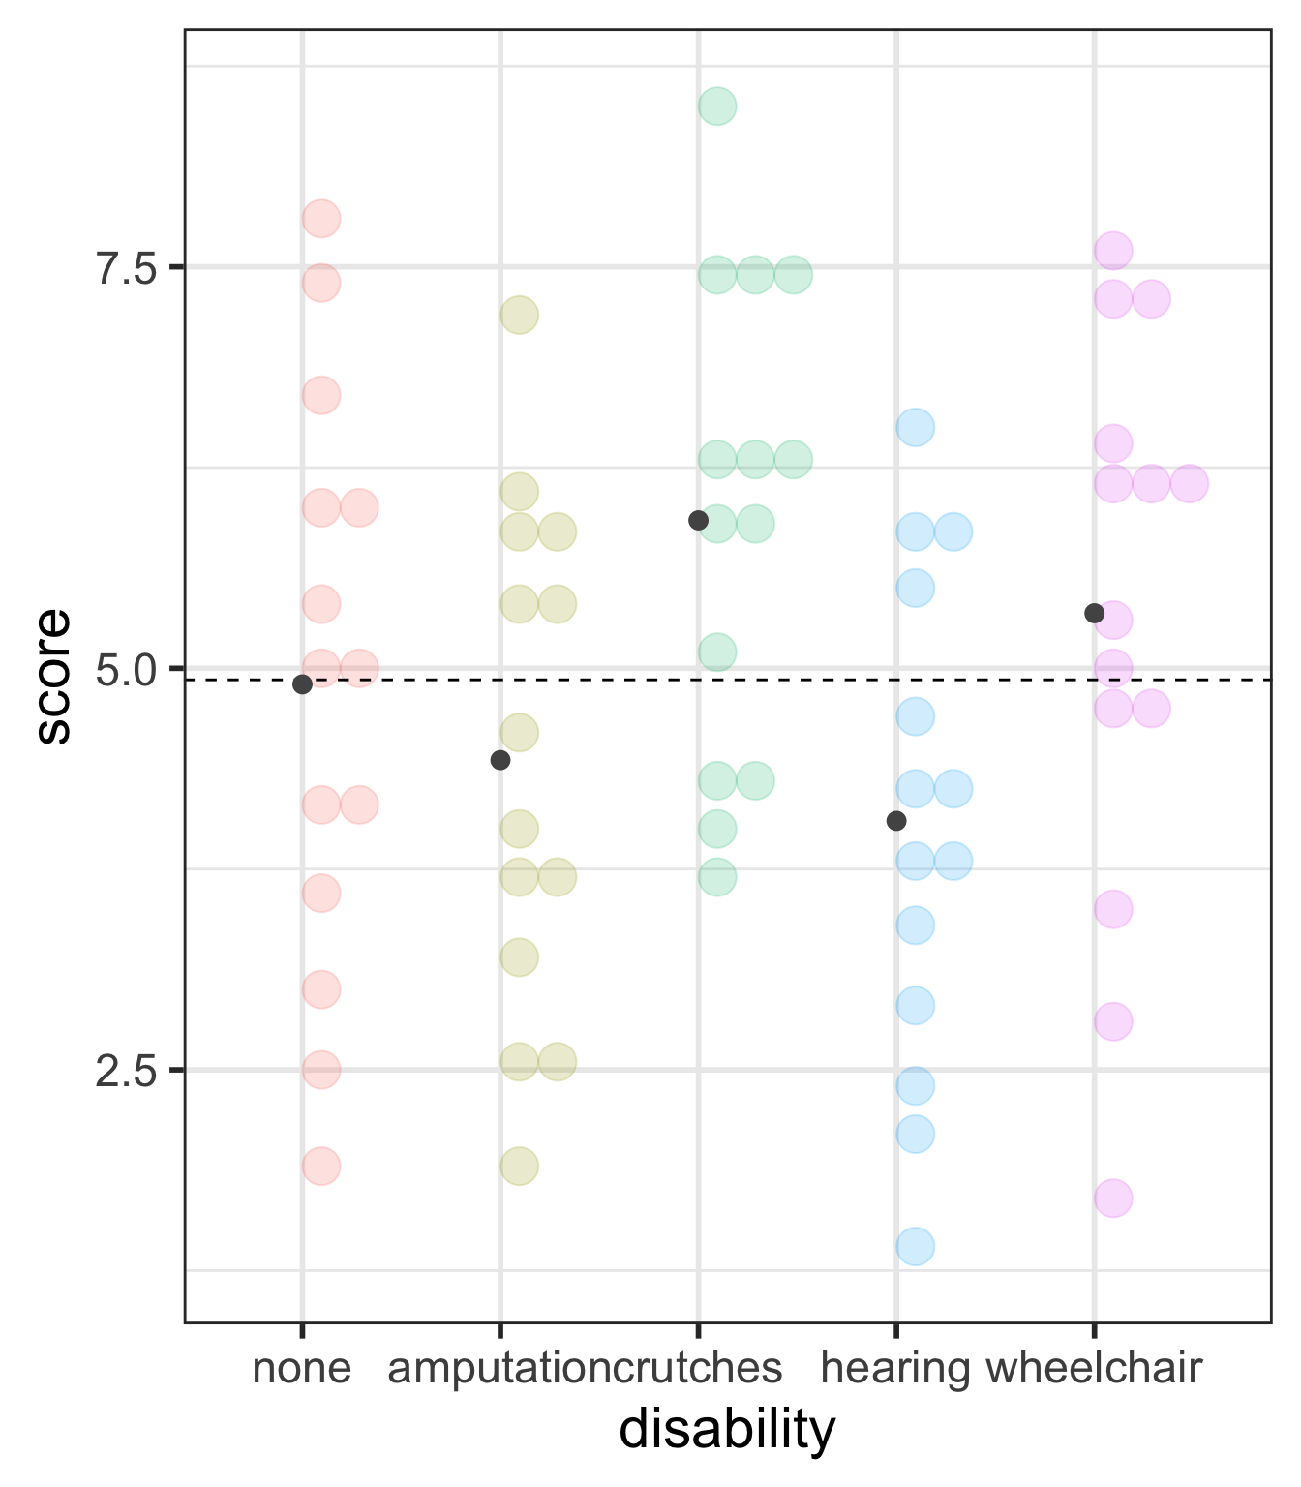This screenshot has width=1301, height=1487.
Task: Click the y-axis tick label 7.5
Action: point(125,269)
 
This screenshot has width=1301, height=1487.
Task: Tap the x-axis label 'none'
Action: point(302,1369)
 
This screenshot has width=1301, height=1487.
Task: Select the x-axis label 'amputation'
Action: point(499,1369)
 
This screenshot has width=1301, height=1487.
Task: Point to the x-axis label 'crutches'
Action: point(698,1369)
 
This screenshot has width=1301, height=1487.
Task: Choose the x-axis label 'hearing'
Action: point(895,1369)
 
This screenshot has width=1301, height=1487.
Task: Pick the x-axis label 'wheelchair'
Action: point(1095,1369)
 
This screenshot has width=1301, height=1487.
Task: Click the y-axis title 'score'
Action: point(54,676)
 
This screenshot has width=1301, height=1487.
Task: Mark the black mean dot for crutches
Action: point(698,521)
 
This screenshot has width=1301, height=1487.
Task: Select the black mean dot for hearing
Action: point(896,821)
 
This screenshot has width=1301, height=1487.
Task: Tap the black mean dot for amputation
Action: point(500,760)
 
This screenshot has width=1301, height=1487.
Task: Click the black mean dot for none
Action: point(302,684)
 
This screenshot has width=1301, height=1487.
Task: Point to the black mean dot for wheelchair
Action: point(1095,613)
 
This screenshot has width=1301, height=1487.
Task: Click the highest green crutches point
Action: point(717,106)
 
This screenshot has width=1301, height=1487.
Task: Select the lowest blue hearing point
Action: point(915,1246)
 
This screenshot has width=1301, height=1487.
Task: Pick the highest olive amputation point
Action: point(519,315)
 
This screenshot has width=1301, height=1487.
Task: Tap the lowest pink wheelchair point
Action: point(1113,1199)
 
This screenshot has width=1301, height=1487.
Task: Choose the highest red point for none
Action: point(321,219)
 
